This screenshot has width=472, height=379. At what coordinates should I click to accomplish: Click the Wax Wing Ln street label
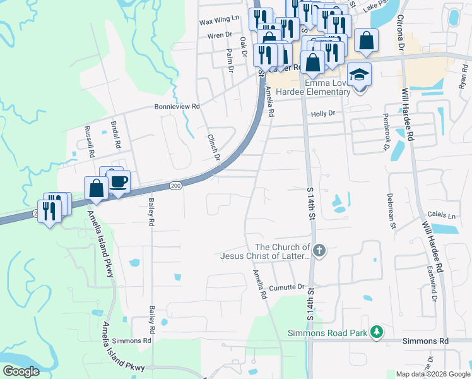220,21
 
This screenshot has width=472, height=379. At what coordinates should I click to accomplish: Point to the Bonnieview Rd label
177,107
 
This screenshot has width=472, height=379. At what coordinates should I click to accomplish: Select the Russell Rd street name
89,141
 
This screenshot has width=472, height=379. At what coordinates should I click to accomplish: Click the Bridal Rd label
116,135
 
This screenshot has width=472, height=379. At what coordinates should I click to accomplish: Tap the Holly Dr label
322,114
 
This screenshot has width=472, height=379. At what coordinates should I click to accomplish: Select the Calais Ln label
440,215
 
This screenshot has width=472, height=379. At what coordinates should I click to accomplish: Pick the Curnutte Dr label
287,287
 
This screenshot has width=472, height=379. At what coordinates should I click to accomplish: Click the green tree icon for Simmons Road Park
376,332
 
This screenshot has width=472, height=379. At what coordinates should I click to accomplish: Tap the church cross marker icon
319,251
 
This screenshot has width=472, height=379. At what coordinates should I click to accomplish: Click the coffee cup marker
119,182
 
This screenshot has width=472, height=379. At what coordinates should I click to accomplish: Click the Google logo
21,371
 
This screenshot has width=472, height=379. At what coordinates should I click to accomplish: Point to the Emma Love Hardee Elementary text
327,87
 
